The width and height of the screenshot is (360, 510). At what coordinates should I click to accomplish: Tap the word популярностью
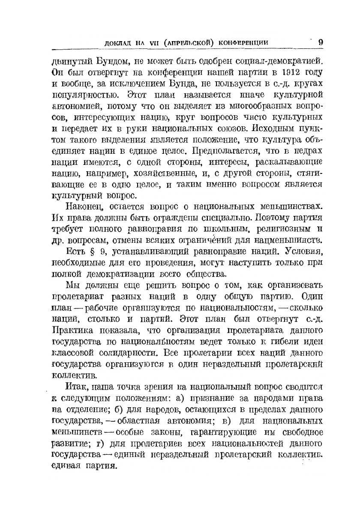tap(84, 93)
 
